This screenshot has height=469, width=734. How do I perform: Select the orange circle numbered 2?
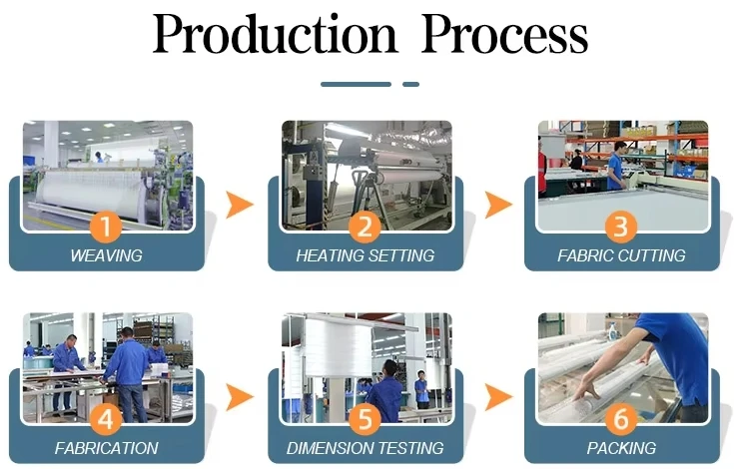coord(366,226)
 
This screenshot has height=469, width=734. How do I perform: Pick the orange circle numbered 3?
coord(621,226)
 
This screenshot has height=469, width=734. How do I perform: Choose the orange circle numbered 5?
coord(366,418)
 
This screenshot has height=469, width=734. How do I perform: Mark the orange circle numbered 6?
coord(621,418)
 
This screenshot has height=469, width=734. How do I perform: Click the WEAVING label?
coord(106,255)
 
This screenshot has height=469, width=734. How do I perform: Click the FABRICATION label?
coord(106,448)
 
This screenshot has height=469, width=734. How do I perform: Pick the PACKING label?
coord(621,448)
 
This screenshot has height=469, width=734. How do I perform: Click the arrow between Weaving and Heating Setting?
coord(239,206)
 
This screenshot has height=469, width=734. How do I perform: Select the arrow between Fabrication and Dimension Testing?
coord(239,397)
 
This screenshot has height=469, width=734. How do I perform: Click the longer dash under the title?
coord(356,85)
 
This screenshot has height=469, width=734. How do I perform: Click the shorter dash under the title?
coord(410,85)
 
